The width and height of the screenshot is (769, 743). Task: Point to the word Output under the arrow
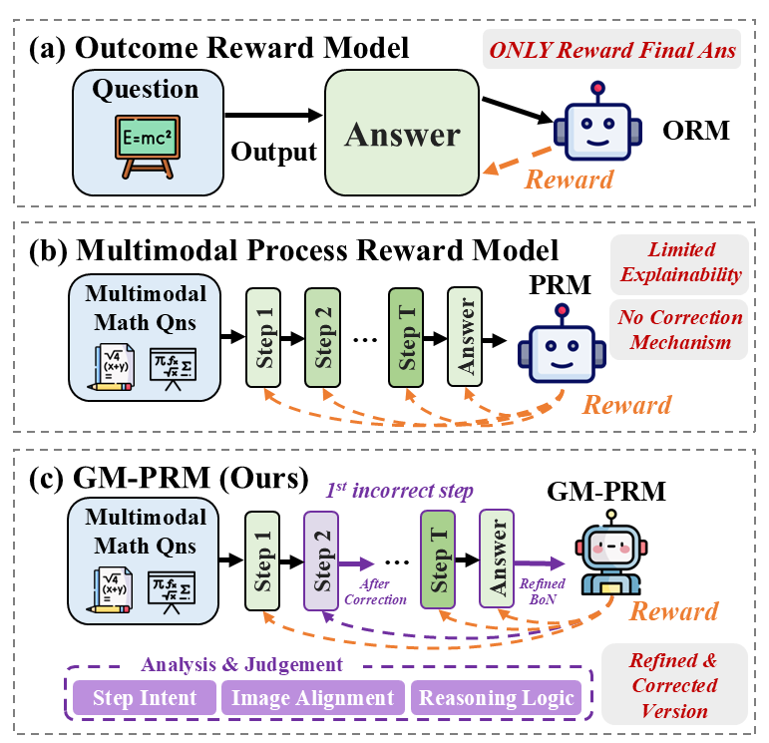point(273,152)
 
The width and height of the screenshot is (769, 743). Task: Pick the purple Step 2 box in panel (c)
point(322,559)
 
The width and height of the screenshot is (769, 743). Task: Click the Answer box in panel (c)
point(496,559)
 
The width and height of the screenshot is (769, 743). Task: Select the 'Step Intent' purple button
point(145,697)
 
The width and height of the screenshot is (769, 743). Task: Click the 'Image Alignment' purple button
point(312,697)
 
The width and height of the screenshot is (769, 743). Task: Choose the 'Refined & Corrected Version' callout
point(674,684)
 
